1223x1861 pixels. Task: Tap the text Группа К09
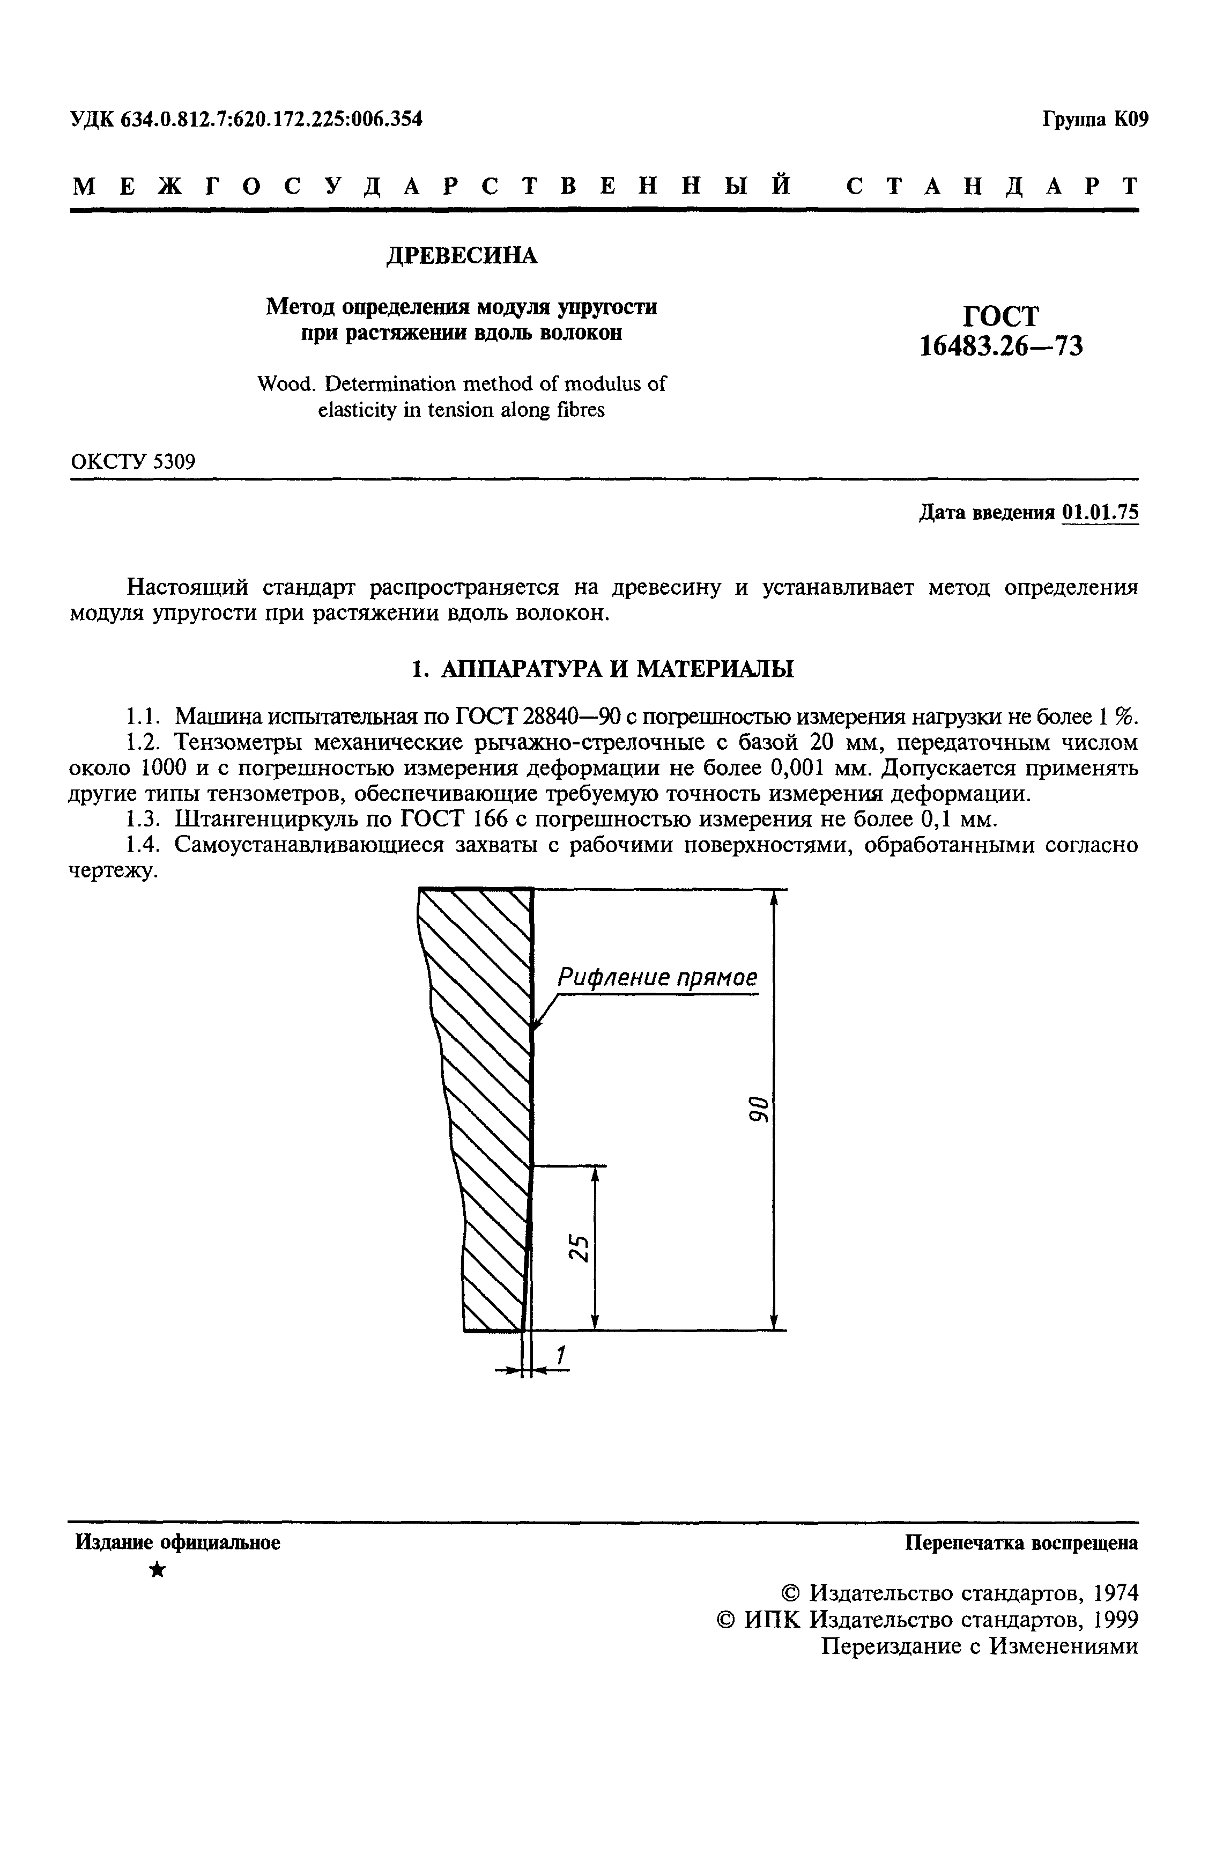pyautogui.click(x=1095, y=120)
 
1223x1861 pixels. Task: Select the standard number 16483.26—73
pyautogui.click(x=1001, y=345)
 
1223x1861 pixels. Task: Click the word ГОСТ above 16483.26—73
pyautogui.click(x=1001, y=316)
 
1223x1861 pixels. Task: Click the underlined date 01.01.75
pyautogui.click(x=1100, y=512)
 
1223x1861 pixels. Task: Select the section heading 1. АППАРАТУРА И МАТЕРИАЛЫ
pyautogui.click(x=602, y=669)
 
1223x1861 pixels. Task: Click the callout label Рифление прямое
pyautogui.click(x=657, y=977)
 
